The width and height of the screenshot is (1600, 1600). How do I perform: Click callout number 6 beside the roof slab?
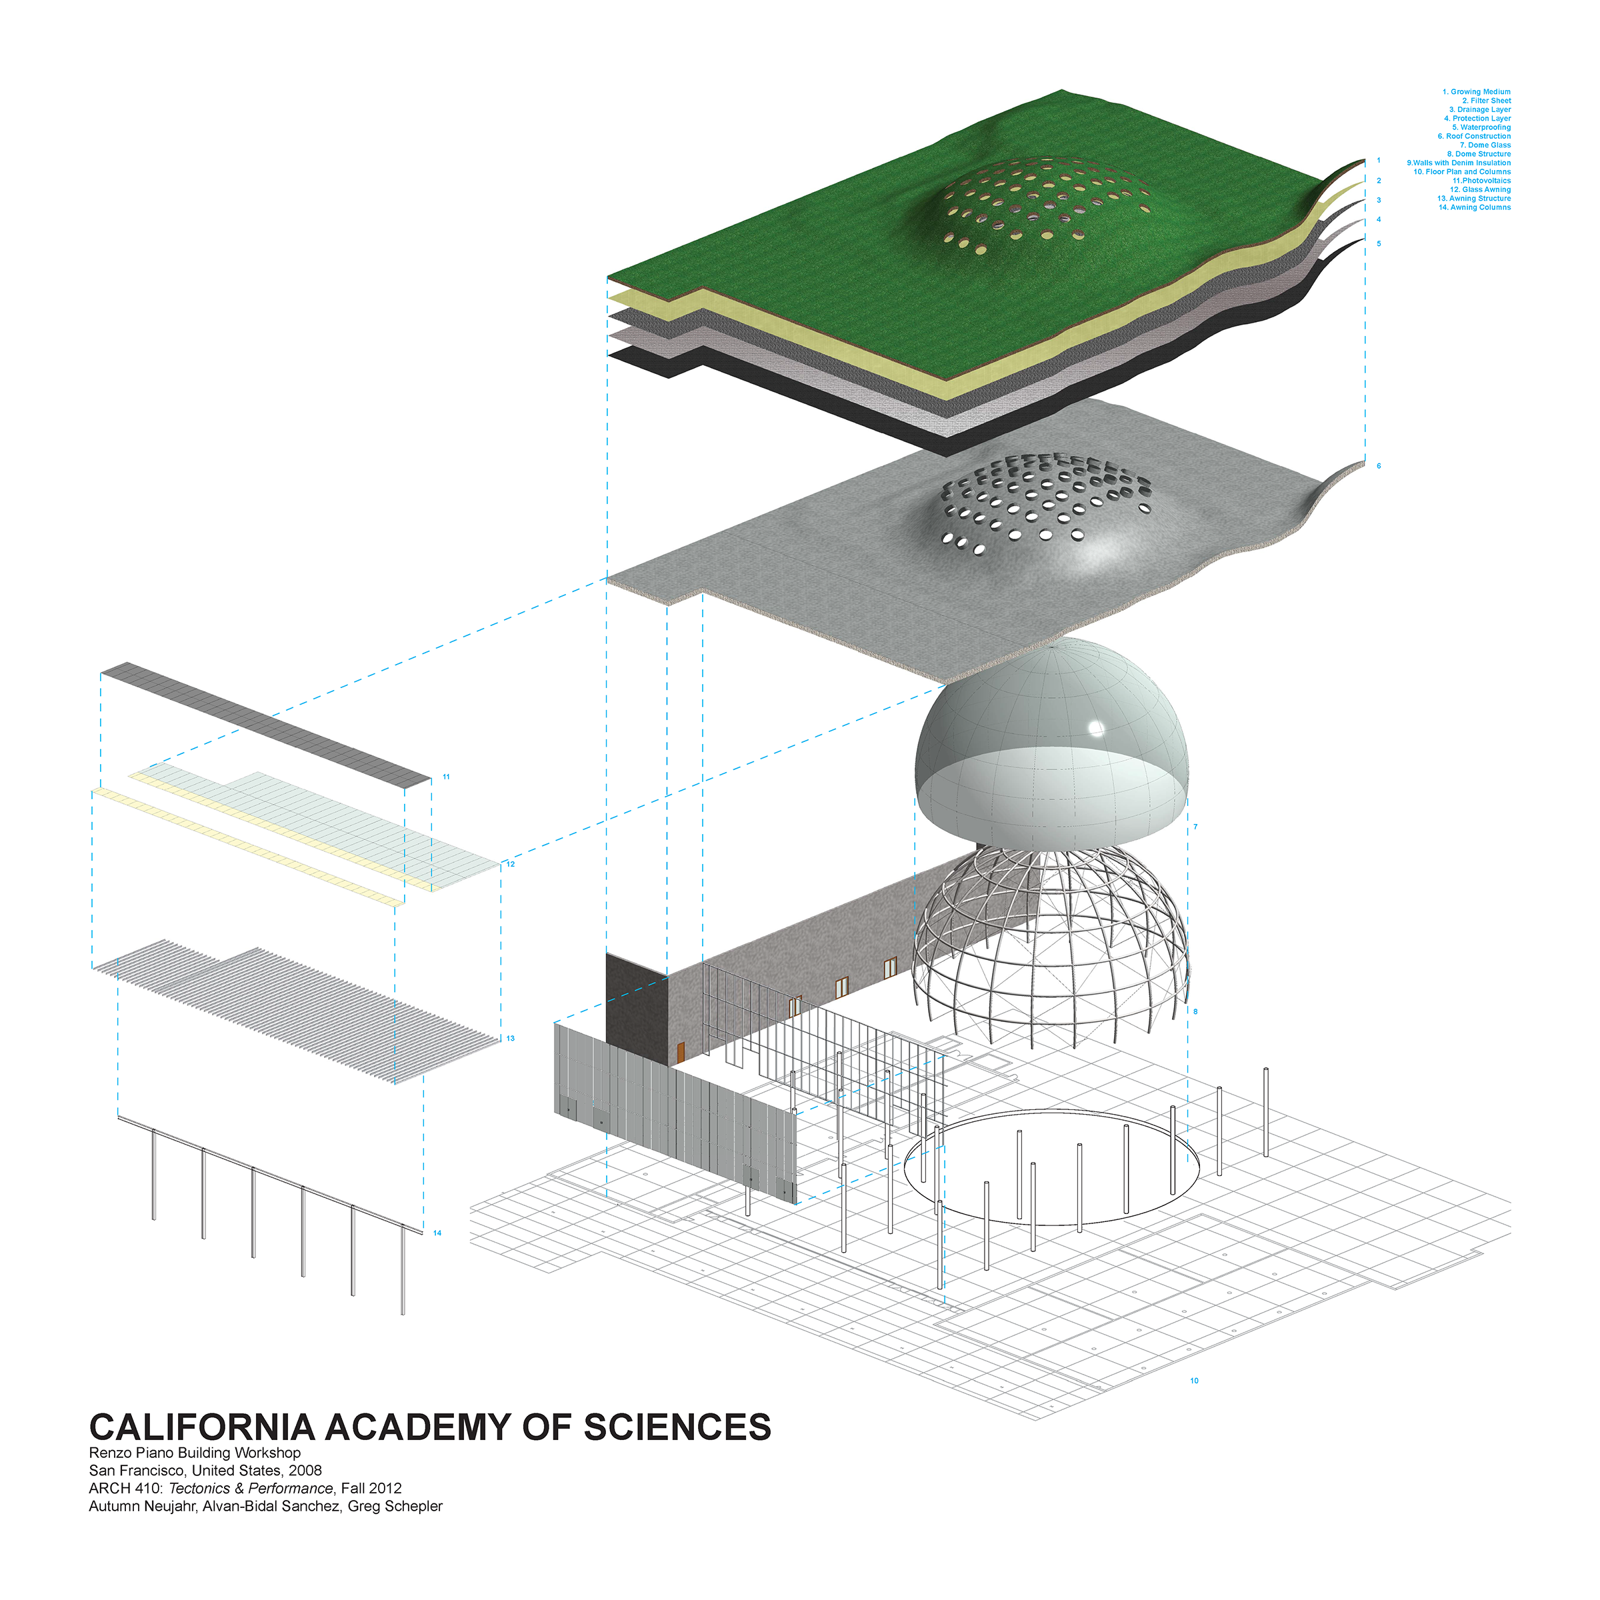(x=1379, y=466)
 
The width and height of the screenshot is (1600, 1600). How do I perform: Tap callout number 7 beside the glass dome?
(x=1195, y=827)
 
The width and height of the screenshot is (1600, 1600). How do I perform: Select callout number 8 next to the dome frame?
(x=1195, y=1011)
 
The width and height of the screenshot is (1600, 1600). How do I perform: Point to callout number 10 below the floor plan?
(x=1194, y=1381)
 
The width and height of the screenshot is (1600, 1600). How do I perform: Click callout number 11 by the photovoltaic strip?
(x=447, y=777)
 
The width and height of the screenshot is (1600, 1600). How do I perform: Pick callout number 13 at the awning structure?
(x=510, y=1038)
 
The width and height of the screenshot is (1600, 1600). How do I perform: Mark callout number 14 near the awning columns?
(x=437, y=1233)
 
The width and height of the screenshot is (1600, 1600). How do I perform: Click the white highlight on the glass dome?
(x=1097, y=729)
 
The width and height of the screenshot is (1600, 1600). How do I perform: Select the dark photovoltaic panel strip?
(x=265, y=721)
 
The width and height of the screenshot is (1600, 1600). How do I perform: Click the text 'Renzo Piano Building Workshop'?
(x=195, y=1453)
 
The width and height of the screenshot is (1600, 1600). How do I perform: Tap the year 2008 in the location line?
(x=305, y=1470)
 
